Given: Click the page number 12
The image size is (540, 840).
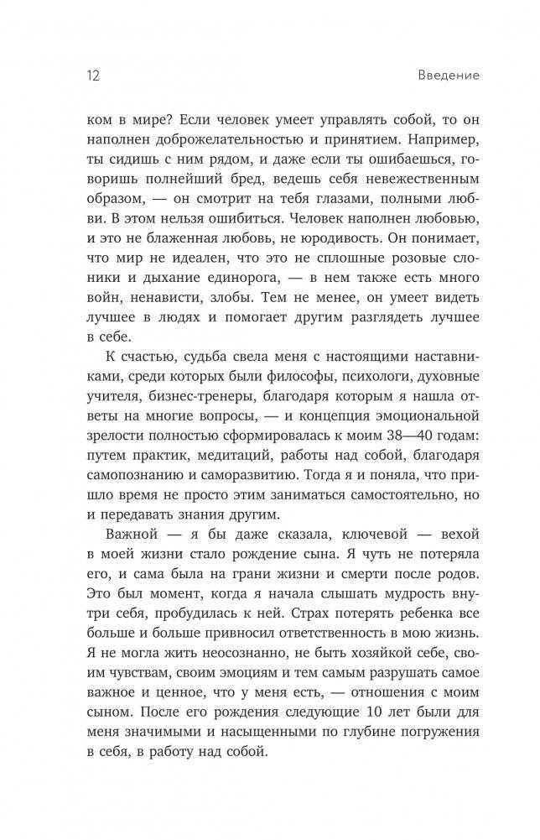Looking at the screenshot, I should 93,76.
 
